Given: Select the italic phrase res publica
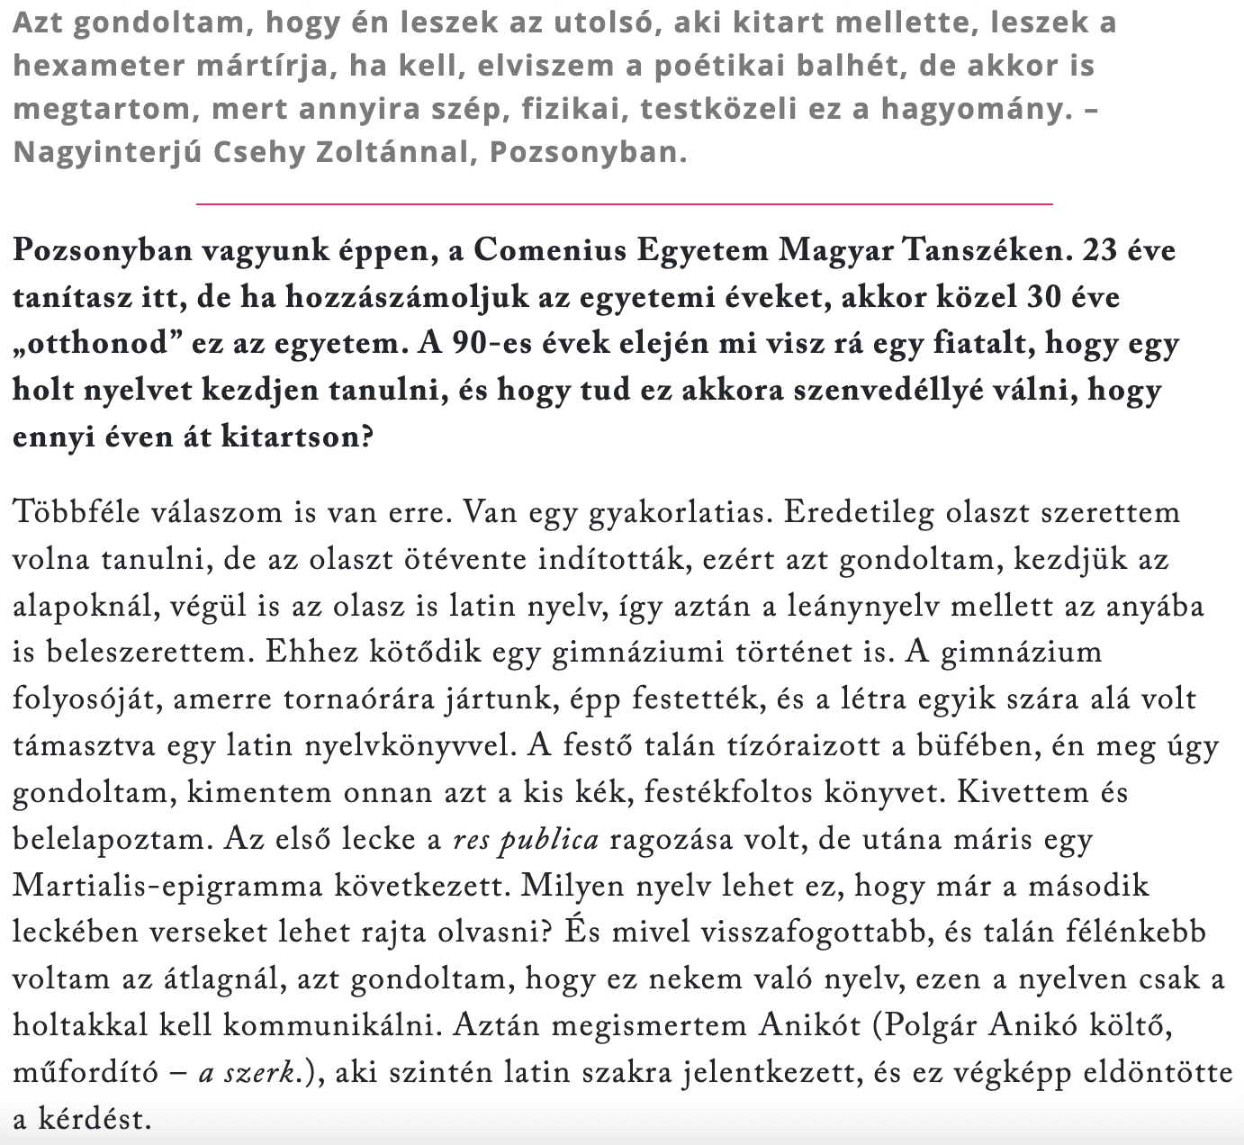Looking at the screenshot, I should pos(526,840).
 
